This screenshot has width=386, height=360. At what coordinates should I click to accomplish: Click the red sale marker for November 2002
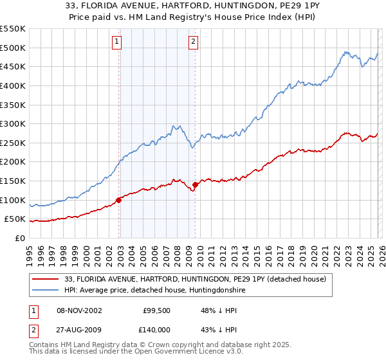coord(119,200)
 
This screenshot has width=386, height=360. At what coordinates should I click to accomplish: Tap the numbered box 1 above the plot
coord(116,42)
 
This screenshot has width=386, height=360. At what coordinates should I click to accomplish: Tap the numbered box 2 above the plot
coord(193,42)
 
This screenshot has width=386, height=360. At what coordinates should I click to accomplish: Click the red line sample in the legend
coord(46,278)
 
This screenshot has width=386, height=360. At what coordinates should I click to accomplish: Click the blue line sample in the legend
coord(46,291)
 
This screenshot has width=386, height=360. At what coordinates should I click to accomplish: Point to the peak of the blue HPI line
coord(345,51)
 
